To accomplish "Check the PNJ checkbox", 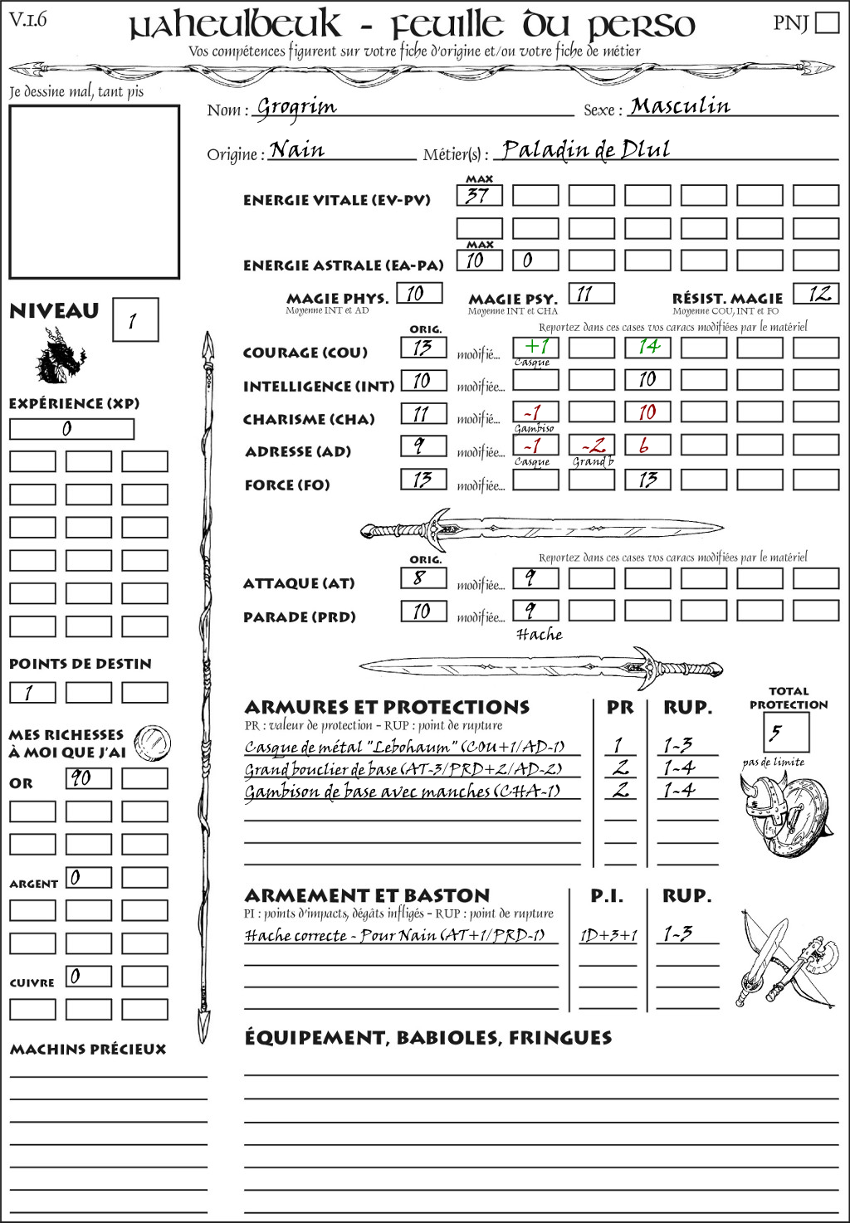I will [827, 22].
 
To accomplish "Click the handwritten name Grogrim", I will [296, 107].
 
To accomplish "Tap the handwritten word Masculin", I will [680, 106].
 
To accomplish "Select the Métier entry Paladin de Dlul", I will [586, 149].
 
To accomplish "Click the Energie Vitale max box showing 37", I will [479, 196].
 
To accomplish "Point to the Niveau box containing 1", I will [134, 320].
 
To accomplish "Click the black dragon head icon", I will [60, 355].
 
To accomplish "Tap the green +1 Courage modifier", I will [535, 347].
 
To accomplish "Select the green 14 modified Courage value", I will [647, 347].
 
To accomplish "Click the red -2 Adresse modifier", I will [591, 446].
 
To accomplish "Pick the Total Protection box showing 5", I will [785, 733].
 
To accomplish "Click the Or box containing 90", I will [88, 778].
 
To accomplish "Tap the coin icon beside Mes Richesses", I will [153, 743].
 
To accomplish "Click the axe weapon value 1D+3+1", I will [608, 936].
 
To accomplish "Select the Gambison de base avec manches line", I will [402, 792].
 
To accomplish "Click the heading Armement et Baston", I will [367, 895].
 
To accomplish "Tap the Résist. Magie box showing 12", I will [816, 294].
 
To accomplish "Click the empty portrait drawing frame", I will [94, 192].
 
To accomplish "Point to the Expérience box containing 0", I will [71, 429].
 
